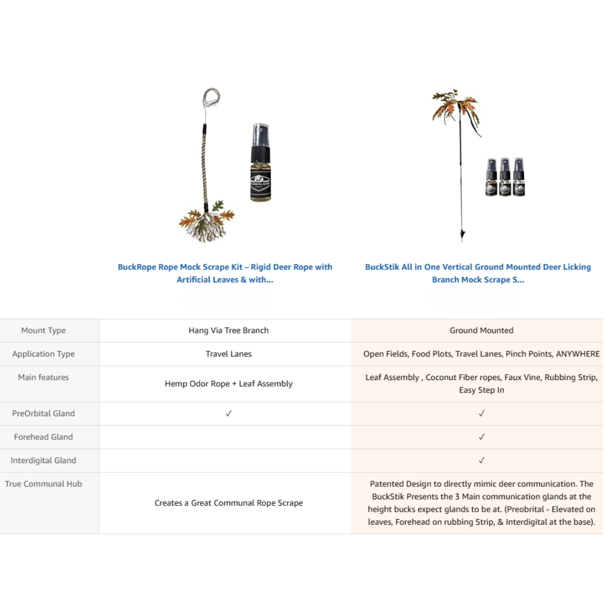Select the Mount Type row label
43,330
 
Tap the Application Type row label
43,354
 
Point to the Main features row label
43,377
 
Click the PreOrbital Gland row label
43,413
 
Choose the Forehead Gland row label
43,437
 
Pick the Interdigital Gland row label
43,460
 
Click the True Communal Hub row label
43,484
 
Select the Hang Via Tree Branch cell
229,330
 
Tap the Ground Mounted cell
481,330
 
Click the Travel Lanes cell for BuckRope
229,354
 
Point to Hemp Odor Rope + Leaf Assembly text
229,384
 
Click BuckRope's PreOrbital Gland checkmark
229,413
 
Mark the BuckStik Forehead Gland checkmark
481,437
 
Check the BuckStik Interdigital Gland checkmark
481,460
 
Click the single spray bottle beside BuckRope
260,164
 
